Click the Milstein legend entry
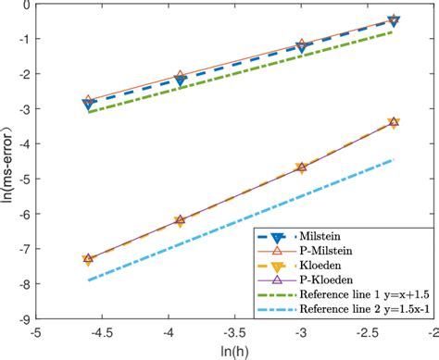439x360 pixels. (330, 236)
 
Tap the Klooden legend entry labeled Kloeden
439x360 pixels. (330, 266)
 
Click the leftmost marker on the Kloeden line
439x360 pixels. (88, 260)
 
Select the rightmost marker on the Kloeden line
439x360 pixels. (394, 122)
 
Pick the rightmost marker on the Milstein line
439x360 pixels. (394, 20)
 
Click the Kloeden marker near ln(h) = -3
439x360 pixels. (301, 168)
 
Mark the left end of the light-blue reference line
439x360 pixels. (88, 279)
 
